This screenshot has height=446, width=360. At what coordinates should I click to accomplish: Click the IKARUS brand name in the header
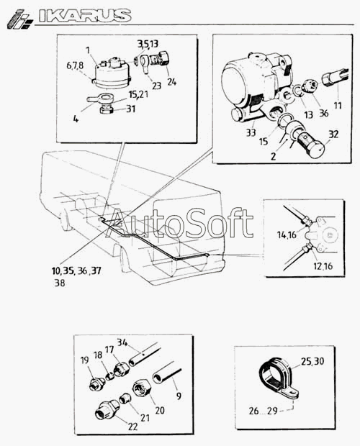85,16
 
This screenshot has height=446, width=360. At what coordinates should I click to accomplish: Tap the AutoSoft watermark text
179,224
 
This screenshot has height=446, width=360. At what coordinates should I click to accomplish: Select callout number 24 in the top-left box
171,82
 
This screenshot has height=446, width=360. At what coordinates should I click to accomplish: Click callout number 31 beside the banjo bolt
130,109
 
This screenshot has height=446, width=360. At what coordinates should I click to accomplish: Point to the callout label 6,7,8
75,65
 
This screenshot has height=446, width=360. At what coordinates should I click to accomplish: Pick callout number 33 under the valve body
251,132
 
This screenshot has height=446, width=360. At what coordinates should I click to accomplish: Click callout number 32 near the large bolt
333,134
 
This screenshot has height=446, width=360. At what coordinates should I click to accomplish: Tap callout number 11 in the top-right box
338,106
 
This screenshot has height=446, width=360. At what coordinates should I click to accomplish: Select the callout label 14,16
287,235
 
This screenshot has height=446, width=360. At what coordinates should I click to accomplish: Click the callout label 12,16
323,266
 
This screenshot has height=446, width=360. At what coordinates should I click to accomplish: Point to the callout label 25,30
312,361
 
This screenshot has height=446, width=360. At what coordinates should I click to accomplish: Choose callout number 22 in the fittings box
132,427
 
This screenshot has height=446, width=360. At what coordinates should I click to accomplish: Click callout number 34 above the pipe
122,342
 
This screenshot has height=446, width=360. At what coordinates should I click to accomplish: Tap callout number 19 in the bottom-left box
84,360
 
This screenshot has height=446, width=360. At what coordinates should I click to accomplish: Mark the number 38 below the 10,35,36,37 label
60,283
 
